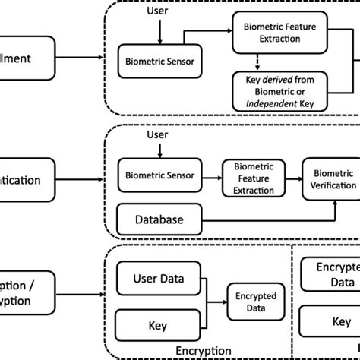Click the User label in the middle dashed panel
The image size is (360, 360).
click(156, 134)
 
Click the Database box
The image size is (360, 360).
click(159, 219)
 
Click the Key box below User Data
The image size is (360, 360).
click(156, 325)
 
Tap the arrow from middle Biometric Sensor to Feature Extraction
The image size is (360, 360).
click(210, 175)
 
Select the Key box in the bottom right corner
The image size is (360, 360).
click(330, 322)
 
